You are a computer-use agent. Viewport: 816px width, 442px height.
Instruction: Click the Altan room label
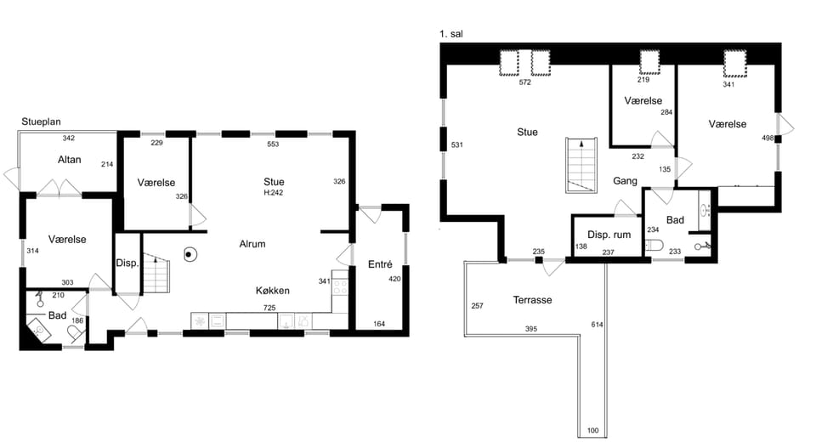click(x=69, y=160)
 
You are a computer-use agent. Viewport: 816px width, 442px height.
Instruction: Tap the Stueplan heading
click(x=41, y=122)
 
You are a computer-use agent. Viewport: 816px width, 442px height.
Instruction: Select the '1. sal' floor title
click(x=451, y=34)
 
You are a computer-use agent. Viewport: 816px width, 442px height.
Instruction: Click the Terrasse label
click(x=532, y=300)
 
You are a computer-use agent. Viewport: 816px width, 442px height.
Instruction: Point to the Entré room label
click(x=380, y=264)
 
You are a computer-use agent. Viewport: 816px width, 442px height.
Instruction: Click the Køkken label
click(x=272, y=291)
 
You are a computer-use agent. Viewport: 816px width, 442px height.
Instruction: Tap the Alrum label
click(x=252, y=244)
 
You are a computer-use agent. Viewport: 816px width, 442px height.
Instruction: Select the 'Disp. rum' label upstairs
click(x=609, y=235)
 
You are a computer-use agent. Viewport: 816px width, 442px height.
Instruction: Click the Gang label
click(x=625, y=181)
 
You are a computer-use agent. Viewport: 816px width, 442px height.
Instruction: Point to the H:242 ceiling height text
click(x=273, y=193)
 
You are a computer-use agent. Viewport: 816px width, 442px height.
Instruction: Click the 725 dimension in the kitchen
click(x=269, y=308)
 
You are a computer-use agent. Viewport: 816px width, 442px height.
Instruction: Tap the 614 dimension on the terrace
click(x=597, y=325)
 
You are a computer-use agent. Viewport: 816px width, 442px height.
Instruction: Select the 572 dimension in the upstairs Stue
click(x=524, y=82)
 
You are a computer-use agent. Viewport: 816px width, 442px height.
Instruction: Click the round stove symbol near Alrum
click(x=190, y=255)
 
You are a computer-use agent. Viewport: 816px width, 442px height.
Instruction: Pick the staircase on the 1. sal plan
click(x=581, y=165)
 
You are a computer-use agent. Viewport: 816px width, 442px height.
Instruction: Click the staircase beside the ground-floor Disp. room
click(x=156, y=274)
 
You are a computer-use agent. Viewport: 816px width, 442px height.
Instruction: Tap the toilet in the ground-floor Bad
click(x=76, y=333)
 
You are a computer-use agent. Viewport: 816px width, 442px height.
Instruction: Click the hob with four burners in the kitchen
click(x=340, y=286)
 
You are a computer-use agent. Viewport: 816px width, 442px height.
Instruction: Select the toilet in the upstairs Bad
click(x=654, y=245)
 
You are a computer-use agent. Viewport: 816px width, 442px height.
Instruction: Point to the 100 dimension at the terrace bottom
click(x=592, y=431)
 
